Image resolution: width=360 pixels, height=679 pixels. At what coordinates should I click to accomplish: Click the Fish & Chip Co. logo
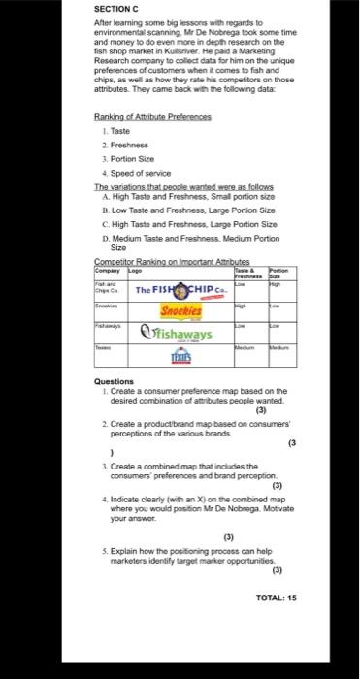(x=180, y=291)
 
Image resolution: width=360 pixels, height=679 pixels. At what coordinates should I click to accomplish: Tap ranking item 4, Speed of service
(x=145, y=187)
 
